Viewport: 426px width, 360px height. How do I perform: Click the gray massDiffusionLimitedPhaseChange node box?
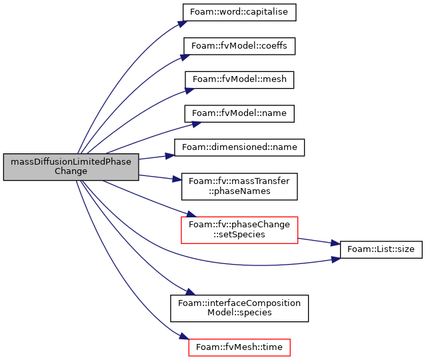pos(71,167)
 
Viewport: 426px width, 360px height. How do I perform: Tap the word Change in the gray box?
pos(71,171)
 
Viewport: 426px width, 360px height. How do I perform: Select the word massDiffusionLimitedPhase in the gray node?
pos(71,162)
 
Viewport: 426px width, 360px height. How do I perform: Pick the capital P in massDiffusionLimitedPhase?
pos(109,162)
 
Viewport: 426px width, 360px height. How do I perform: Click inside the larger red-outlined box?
pos(239,230)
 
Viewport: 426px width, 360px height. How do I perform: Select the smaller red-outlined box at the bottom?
pos(239,347)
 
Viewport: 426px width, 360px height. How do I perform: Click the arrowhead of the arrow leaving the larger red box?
pos(335,243)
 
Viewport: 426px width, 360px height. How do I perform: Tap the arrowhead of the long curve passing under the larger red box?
pos(336,259)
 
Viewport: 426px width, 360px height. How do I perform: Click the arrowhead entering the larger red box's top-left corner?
pos(191,214)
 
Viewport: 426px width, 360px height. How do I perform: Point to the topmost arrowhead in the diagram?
pos(182,24)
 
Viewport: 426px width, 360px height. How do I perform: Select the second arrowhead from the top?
pos(185,57)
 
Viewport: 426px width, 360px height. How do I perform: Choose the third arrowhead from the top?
pos(189,90)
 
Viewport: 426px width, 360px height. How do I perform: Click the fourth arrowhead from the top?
pos(197,123)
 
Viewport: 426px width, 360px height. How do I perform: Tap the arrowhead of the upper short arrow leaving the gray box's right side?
pos(170,156)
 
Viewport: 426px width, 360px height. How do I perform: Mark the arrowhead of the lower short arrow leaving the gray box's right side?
pos(177,179)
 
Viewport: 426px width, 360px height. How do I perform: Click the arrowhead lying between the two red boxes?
pos(190,291)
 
